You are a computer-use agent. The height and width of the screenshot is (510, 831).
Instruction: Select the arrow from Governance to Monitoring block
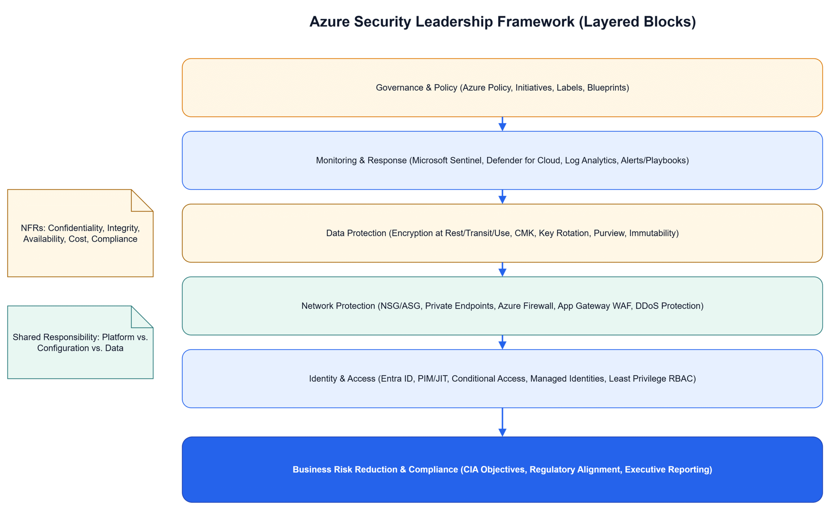coord(502,124)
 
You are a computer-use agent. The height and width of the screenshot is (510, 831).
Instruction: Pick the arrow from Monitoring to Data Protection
coord(502,197)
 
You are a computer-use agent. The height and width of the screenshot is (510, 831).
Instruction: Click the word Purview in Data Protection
coord(609,233)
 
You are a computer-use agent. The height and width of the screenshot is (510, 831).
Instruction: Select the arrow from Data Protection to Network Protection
coord(502,269)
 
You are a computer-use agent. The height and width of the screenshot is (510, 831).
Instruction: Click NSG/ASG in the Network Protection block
coord(401,306)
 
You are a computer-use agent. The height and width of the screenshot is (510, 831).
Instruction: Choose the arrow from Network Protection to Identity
coord(502,342)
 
